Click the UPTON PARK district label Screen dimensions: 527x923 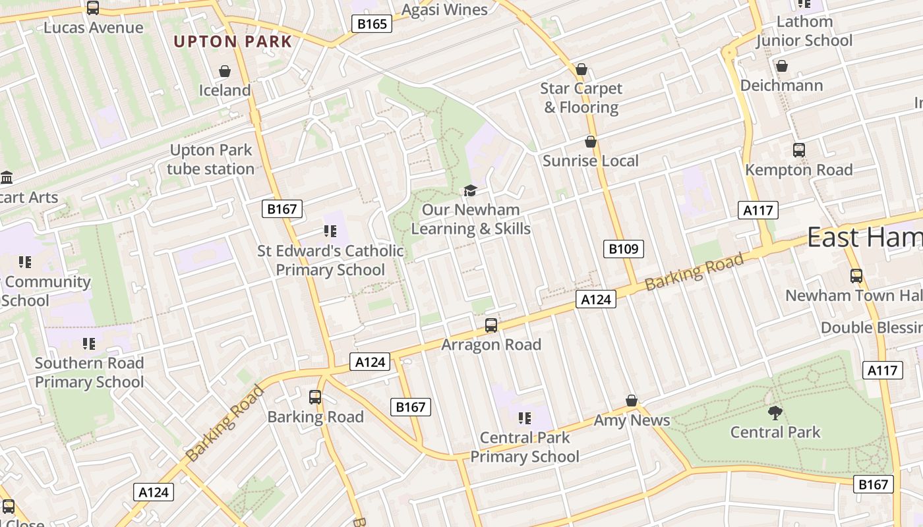click(233, 42)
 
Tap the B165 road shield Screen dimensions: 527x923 click(371, 24)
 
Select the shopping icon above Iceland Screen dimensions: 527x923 click(225, 70)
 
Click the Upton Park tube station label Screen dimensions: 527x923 click(210, 159)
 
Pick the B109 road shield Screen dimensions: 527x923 click(623, 248)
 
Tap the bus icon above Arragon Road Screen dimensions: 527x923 click(491, 325)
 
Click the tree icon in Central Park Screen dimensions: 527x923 click(775, 413)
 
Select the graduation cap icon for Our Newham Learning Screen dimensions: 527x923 click(470, 190)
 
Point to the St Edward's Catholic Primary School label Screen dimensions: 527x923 click(330, 260)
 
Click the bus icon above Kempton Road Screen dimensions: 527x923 click(799, 150)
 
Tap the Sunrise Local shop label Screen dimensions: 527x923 click(591, 161)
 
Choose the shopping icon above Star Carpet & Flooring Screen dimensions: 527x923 click(581, 69)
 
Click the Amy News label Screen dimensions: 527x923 click(632, 420)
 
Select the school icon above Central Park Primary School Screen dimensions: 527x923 click(525, 418)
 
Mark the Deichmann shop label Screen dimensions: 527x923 click(781, 86)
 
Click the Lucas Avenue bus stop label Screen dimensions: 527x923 click(93, 28)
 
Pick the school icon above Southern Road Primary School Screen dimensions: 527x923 click(89, 343)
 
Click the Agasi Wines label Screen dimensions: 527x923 click(444, 10)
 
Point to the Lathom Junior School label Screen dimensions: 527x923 click(804, 31)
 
